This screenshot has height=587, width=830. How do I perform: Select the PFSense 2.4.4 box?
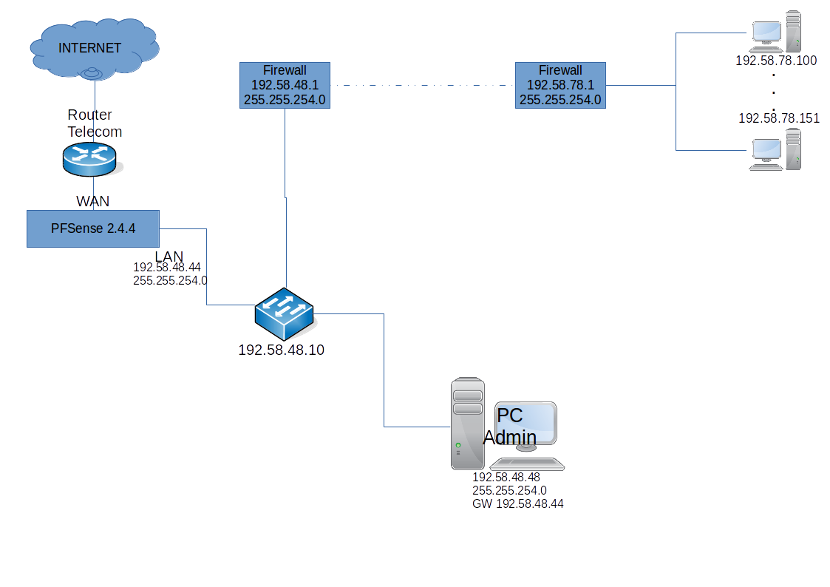click(93, 228)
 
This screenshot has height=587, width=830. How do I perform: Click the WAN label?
click(93, 201)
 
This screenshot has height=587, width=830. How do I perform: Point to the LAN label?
click(169, 256)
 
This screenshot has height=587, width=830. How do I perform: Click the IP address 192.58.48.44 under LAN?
click(167, 267)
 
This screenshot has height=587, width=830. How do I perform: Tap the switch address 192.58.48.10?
click(281, 350)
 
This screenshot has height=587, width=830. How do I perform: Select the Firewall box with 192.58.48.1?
click(285, 85)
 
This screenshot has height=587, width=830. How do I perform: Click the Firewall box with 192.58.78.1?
click(560, 85)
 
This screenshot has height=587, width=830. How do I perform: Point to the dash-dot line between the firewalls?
click(422, 85)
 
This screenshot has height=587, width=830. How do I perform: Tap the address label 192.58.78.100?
click(776, 61)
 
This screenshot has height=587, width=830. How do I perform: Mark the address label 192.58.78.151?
click(779, 118)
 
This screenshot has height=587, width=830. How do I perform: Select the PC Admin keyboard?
click(527, 464)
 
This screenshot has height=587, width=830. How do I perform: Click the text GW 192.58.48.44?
click(518, 503)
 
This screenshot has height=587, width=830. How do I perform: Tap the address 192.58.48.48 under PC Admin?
click(506, 478)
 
